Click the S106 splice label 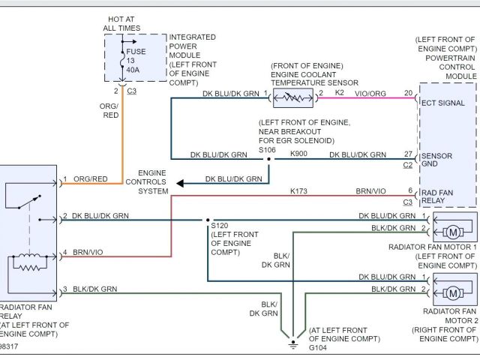click(x=267, y=149)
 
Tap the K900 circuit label click(x=298, y=154)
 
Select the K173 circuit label click(x=298, y=191)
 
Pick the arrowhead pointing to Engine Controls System click(x=180, y=181)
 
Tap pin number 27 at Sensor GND click(x=408, y=154)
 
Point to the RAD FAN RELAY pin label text click(x=439, y=196)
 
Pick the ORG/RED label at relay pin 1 click(x=91, y=179)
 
